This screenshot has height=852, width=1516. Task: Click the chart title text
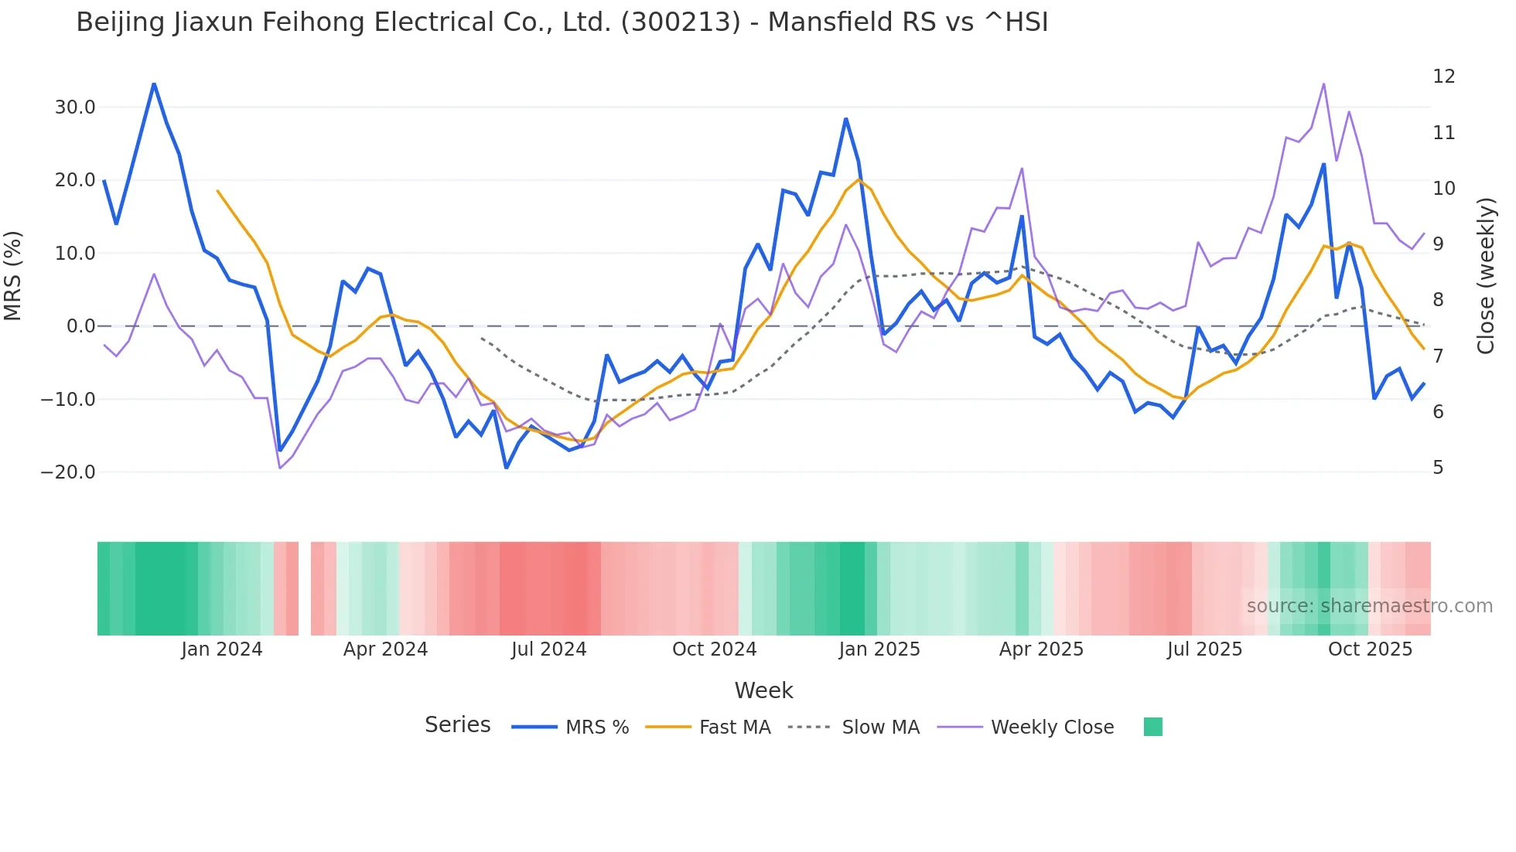[562, 22]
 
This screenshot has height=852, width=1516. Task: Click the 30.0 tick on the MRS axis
[74, 107]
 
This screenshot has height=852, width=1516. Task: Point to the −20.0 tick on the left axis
[68, 472]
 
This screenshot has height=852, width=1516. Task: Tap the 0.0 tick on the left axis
[80, 326]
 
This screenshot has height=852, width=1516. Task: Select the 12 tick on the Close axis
[1443, 77]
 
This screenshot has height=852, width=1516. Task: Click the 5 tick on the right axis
[1438, 468]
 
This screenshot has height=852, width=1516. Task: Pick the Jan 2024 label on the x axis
[221, 649]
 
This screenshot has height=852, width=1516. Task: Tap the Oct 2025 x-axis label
[1370, 649]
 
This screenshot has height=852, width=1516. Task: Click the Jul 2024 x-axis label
[548, 649]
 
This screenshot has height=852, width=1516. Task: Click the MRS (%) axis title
[13, 276]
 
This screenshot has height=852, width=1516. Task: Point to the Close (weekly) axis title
[1486, 276]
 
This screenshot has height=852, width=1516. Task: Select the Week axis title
[763, 690]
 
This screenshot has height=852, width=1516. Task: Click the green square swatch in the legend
[1152, 727]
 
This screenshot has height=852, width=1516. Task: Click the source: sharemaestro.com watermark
[1369, 606]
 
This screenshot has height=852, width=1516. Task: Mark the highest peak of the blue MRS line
[154, 83]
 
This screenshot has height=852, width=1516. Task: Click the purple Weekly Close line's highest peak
[1323, 84]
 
